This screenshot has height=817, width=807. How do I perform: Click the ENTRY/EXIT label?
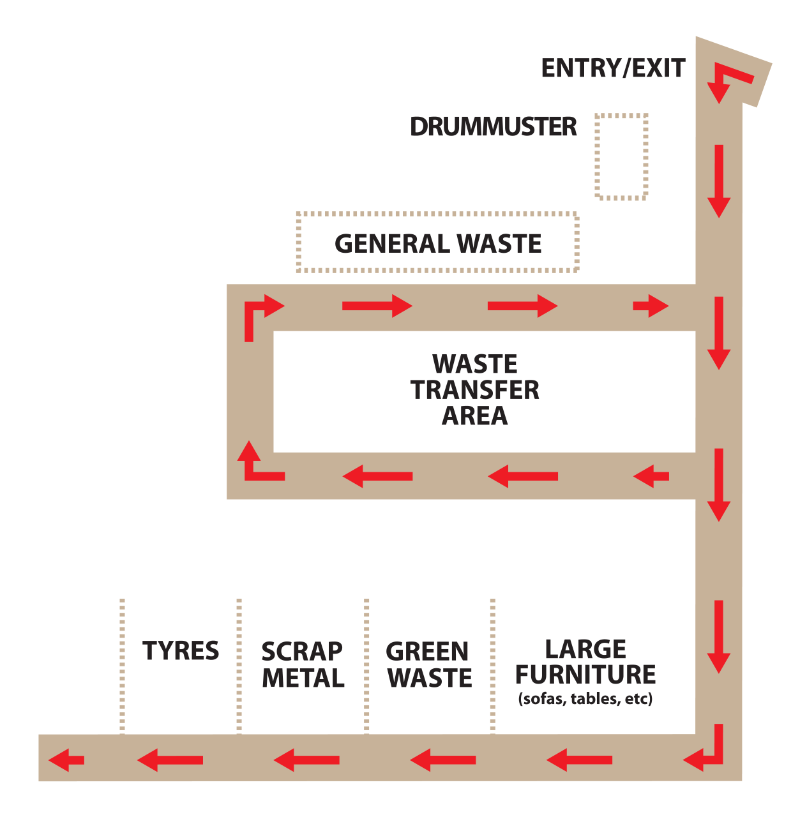[613, 68]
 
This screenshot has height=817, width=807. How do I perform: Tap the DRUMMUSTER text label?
[493, 127]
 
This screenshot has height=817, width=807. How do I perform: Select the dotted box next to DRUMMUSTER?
[621, 156]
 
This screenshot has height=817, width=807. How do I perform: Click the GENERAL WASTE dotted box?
[438, 243]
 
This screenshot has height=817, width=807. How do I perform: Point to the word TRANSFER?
[475, 390]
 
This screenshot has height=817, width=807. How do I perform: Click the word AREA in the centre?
[475, 416]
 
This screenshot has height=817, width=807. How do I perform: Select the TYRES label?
[181, 651]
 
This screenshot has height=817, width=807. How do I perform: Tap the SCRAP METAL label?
[303, 664]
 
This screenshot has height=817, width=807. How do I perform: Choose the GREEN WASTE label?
[429, 664]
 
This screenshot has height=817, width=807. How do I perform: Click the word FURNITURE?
[585, 675]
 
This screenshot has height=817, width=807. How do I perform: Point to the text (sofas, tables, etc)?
[585, 699]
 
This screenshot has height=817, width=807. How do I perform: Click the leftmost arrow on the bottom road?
[66, 760]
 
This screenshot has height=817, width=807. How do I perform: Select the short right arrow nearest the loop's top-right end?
[651, 306]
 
